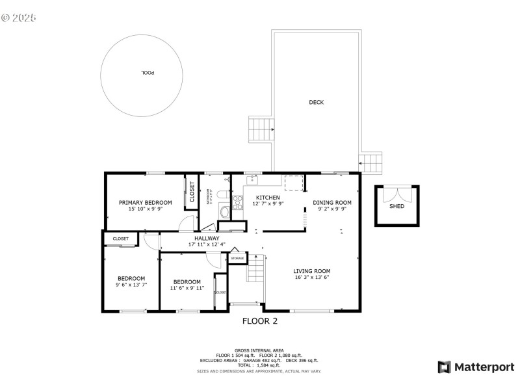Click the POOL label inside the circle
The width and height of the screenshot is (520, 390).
[x=148, y=72]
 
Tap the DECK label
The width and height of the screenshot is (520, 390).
[x=317, y=102]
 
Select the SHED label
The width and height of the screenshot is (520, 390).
[x=396, y=206]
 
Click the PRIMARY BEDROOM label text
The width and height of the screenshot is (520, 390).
[x=145, y=203]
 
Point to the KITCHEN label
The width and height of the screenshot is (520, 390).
[x=268, y=198]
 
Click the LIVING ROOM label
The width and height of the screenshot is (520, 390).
[x=312, y=271]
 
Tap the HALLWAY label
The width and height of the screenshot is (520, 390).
[x=207, y=238]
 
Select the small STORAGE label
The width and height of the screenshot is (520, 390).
[x=237, y=259]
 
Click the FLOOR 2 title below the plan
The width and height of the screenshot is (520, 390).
[x=260, y=320]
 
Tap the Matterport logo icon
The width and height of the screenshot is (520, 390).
[x=445, y=367]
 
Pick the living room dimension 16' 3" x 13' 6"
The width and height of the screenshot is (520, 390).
[x=312, y=278]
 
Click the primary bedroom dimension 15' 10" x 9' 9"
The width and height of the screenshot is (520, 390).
[x=145, y=209]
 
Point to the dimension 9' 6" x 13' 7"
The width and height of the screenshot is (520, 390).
[x=131, y=284]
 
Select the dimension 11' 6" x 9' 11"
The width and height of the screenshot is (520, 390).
[x=187, y=287]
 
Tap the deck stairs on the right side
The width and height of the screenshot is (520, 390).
[x=372, y=163]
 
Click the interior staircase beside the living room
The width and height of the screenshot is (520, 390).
[x=255, y=268]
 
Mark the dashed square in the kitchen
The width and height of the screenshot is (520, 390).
[x=294, y=183]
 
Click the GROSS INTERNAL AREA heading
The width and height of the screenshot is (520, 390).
[x=259, y=350]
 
